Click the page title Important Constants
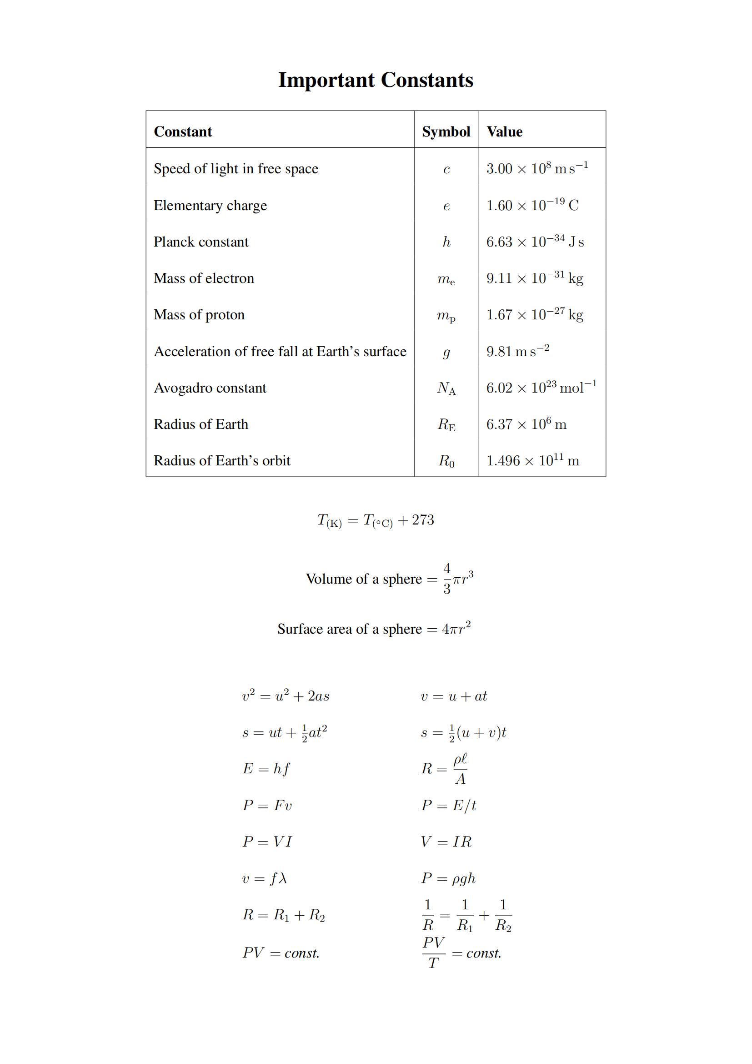[376, 80]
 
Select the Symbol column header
[446, 131]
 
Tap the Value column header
[504, 131]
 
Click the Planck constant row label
[201, 242]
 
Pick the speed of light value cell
[536, 168]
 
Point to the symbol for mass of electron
[446, 279]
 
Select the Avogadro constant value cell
[541, 388]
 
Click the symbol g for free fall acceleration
[446, 352]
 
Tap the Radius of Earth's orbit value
[532, 461]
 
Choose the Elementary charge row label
[210, 205]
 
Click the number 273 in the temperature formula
[423, 520]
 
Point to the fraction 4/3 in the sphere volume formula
[446, 578]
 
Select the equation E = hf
[266, 769]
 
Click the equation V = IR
[446, 842]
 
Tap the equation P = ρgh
[448, 878]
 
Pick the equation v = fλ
[265, 878]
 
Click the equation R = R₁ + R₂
[284, 915]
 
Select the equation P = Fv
[267, 806]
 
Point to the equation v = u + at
[454, 696]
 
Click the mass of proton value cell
[534, 315]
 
